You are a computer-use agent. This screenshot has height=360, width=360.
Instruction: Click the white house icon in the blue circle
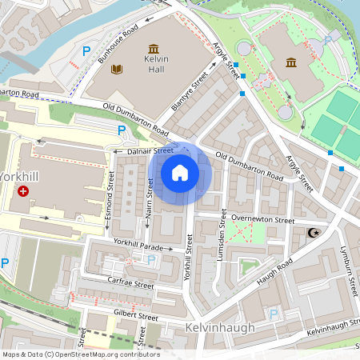pyautogui.click(x=180, y=173)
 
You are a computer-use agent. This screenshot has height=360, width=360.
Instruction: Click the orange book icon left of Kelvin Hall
pyautogui.click(x=118, y=70)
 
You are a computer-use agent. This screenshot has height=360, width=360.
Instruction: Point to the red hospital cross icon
pyautogui.click(x=23, y=191)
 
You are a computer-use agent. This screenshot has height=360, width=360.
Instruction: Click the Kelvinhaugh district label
pyautogui.click(x=218, y=328)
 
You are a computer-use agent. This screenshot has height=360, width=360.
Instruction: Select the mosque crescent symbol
pyautogui.click(x=311, y=233)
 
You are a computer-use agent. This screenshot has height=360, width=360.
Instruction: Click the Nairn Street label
pyautogui.click(x=150, y=198)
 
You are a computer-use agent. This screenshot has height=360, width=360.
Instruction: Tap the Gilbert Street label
pyautogui.click(x=136, y=316)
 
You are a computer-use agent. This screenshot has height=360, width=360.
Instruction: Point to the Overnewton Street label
pyautogui.click(x=262, y=218)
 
